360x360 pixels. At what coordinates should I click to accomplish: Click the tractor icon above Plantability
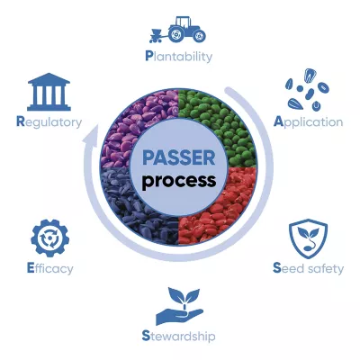(177, 30)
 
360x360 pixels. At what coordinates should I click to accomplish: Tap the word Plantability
(179, 56)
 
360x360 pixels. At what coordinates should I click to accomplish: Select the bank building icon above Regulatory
(49, 92)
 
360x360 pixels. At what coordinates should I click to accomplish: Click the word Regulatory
(49, 122)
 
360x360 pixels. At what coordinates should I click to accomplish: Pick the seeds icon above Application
(307, 90)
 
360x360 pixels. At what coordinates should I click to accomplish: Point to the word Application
(308, 122)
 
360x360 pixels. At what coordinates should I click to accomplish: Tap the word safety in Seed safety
(326, 268)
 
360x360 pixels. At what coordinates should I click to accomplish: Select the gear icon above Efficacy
(49, 238)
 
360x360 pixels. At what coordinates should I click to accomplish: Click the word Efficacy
(49, 268)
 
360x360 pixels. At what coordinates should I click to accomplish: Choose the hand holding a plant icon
(179, 307)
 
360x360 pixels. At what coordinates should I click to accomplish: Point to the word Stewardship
(178, 336)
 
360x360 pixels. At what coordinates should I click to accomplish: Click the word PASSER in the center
(179, 157)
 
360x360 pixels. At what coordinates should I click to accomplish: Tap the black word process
(179, 180)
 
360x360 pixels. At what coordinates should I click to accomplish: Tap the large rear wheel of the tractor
(176, 34)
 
